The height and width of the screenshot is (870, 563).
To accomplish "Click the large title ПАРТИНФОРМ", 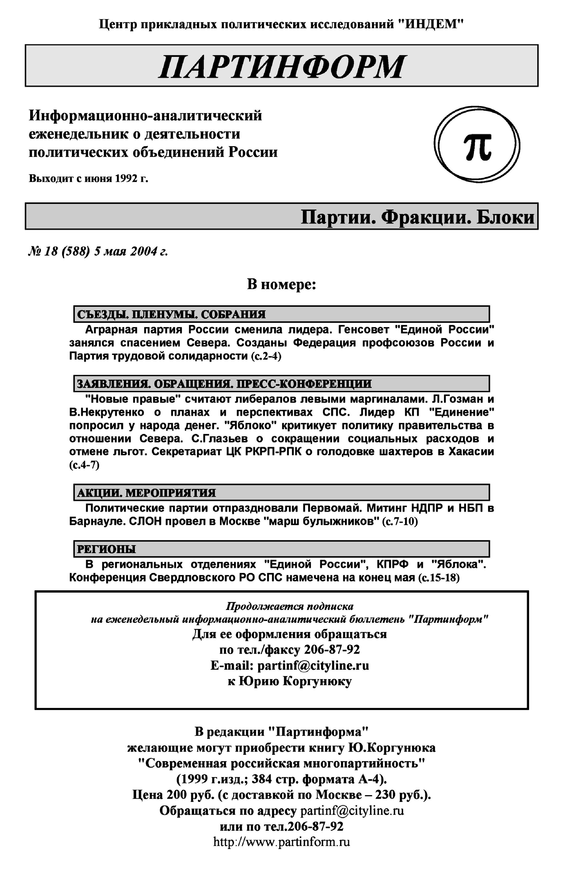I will pyautogui.click(x=281, y=67).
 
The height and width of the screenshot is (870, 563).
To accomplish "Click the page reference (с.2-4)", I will pyautogui.click(x=266, y=356).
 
